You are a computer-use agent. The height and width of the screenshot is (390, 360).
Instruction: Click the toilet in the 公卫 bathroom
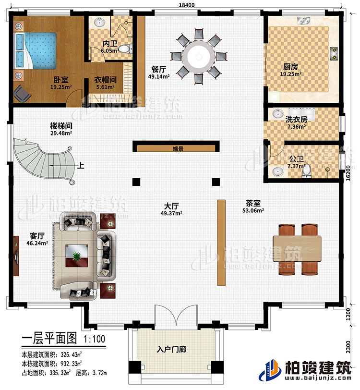pyautogui.click(x=307, y=171)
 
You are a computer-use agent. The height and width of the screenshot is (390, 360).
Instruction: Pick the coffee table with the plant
pyautogui.click(x=74, y=256)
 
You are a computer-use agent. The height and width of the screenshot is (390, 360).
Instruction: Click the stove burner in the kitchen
pyautogui.click(x=334, y=52)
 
